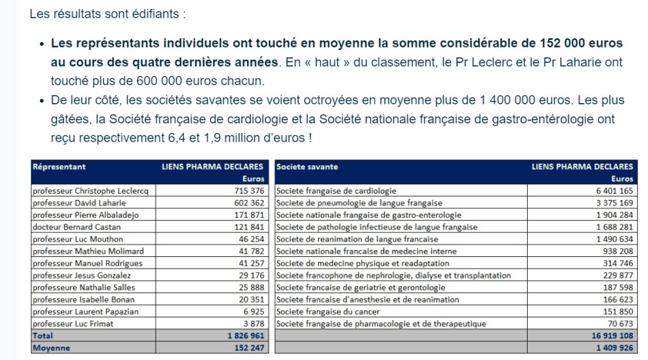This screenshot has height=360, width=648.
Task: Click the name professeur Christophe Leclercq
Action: click(x=89, y=190)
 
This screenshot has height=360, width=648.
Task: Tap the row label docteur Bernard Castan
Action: click(x=73, y=227)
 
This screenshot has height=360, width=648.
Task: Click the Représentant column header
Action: click(x=59, y=166)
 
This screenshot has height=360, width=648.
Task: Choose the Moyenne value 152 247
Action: click(x=247, y=348)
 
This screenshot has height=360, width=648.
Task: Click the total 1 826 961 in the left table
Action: click(x=245, y=336)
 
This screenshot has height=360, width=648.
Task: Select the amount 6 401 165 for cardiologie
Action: click(x=612, y=190)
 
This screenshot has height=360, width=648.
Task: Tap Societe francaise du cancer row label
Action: click(x=328, y=311)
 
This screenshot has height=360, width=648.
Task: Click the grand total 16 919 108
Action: click(x=610, y=336)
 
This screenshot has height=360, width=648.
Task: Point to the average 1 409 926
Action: click(x=612, y=348)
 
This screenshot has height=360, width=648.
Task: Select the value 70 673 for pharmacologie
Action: click(x=618, y=324)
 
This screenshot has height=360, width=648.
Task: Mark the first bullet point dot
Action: click(x=42, y=44)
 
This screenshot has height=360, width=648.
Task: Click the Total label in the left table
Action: click(x=42, y=336)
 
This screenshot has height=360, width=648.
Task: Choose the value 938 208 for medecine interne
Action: click(x=615, y=251)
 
